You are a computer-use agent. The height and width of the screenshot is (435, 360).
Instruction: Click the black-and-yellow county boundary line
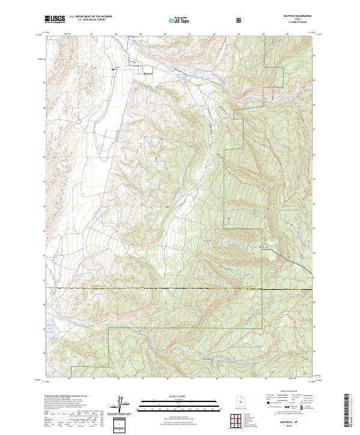tap(180, 289)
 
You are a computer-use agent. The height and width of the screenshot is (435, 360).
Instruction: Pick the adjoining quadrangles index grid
tap(239, 421)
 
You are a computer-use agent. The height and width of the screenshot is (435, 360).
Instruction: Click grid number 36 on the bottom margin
tap(70, 379)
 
